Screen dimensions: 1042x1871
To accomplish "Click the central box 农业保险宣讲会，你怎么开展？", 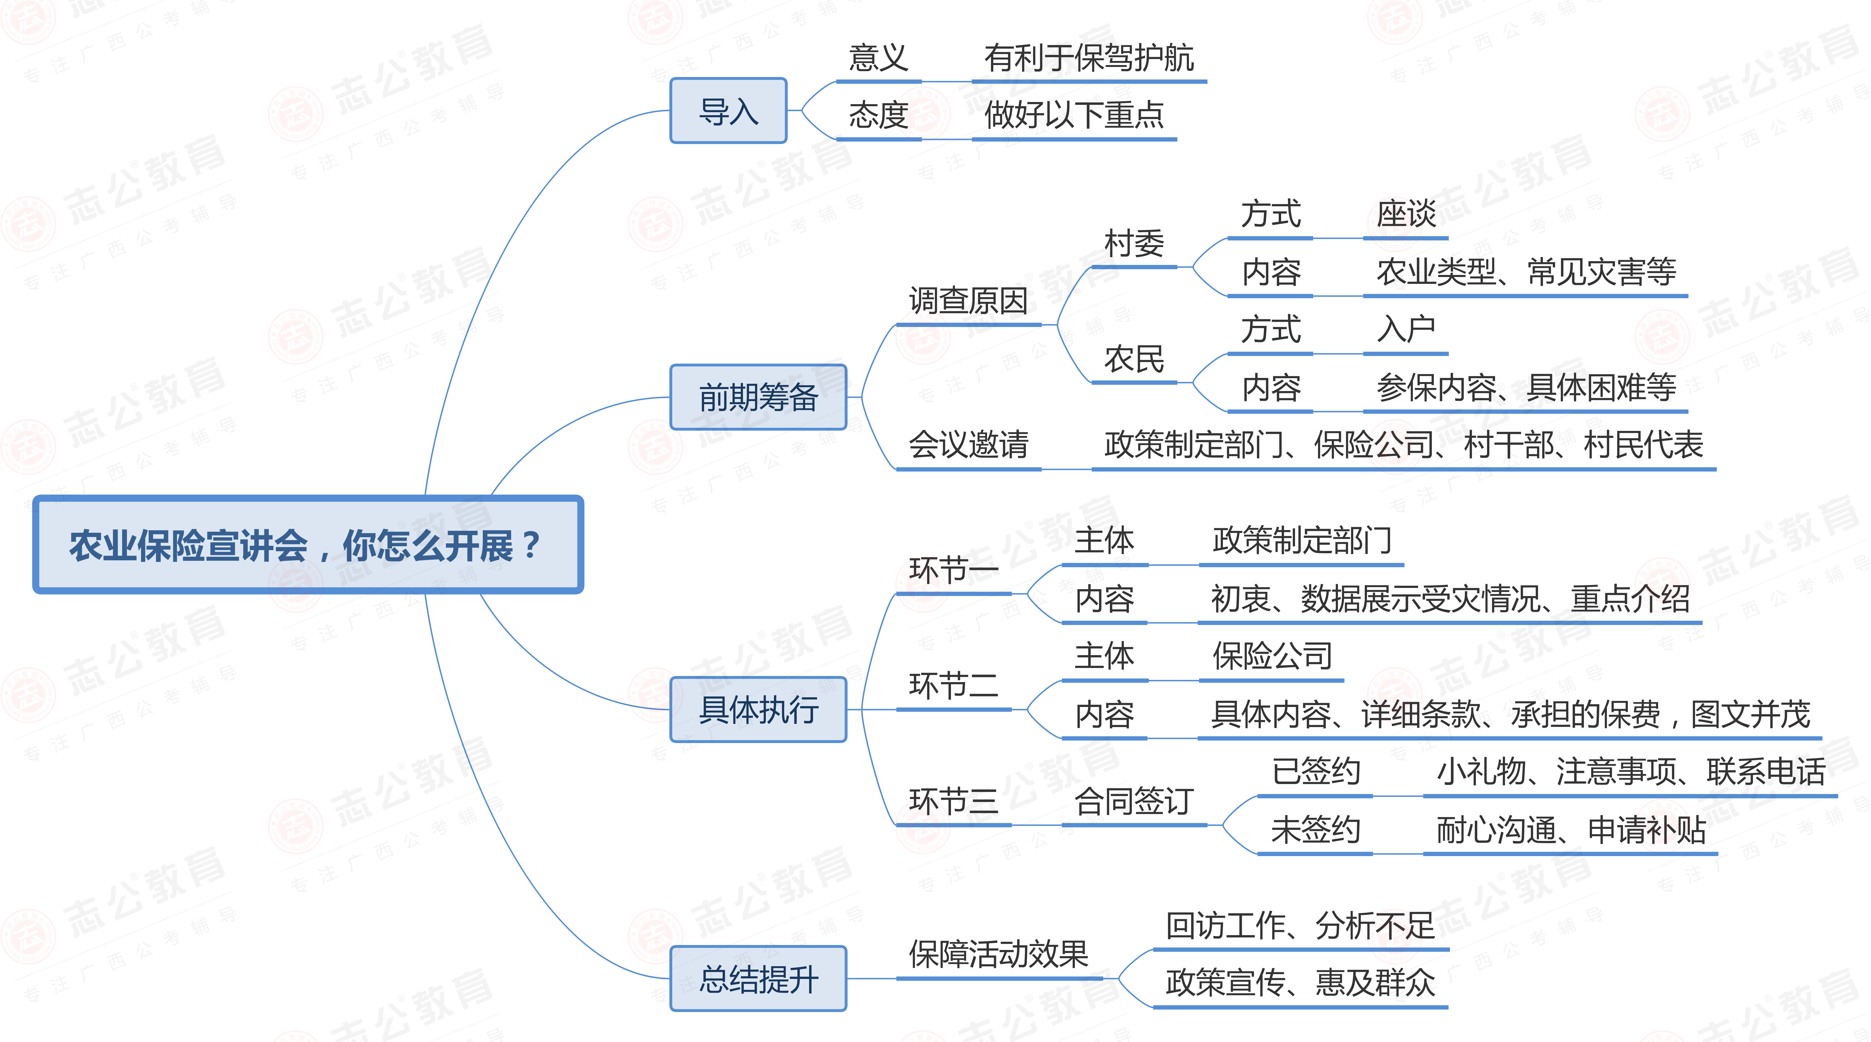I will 308,545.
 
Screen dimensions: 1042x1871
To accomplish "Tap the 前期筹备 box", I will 758,398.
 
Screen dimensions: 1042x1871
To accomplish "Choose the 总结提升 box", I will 758,979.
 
